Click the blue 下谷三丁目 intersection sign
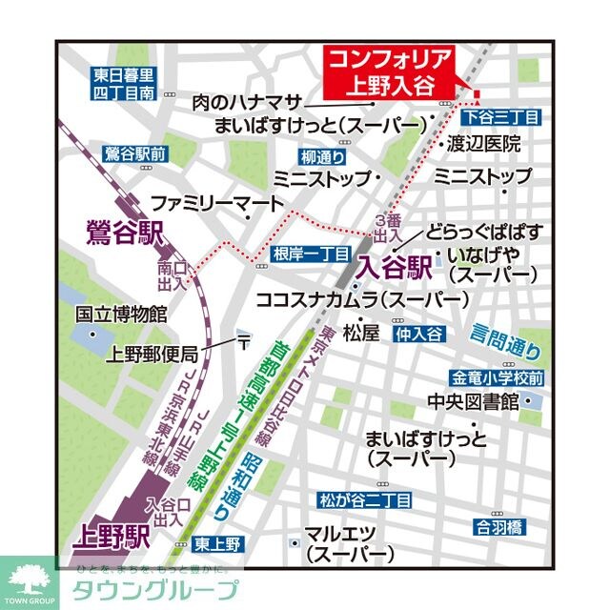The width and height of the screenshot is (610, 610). tap(501, 116)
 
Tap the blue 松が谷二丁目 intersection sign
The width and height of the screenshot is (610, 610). tap(366, 499)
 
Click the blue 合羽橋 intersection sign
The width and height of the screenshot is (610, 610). tap(499, 525)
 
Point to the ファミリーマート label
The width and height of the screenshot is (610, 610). tap(217, 203)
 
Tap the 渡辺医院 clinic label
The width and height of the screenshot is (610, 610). tap(484, 144)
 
